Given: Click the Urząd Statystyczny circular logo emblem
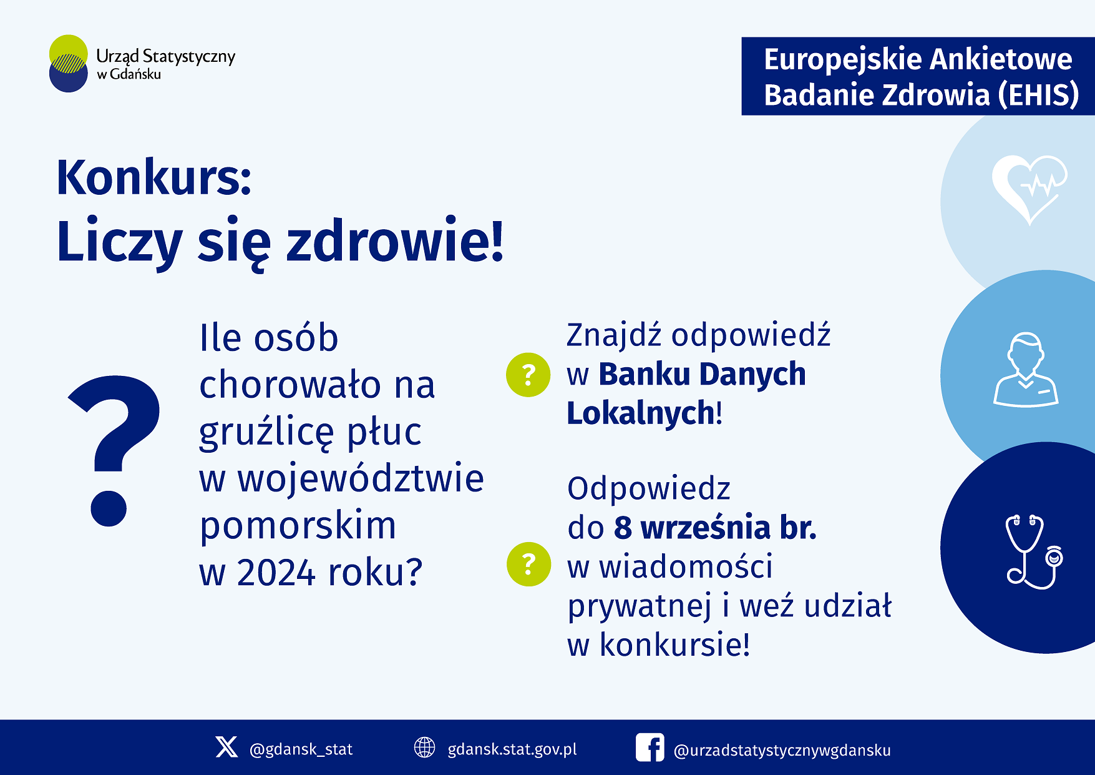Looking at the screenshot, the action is click(x=69, y=63).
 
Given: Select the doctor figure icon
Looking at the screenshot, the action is click(x=1026, y=370).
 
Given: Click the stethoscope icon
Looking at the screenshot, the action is click(x=1034, y=551).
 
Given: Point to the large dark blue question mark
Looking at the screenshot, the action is click(x=114, y=450).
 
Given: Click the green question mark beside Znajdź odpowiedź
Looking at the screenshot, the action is click(x=528, y=375).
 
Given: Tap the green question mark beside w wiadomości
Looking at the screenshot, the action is click(x=529, y=564).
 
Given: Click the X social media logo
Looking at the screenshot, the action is click(x=226, y=747).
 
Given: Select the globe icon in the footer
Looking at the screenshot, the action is click(x=425, y=747).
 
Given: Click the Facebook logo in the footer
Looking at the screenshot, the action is click(x=650, y=748).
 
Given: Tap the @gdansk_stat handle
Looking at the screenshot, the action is click(x=301, y=749).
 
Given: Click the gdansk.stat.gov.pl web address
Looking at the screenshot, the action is click(x=512, y=749).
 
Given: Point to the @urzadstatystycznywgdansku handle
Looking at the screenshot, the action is click(x=782, y=750).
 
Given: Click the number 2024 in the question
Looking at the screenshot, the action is click(x=276, y=573).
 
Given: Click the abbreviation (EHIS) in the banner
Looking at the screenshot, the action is click(x=1038, y=95).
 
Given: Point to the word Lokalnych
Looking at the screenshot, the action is click(x=641, y=413).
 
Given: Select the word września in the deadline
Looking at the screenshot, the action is click(x=705, y=527).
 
